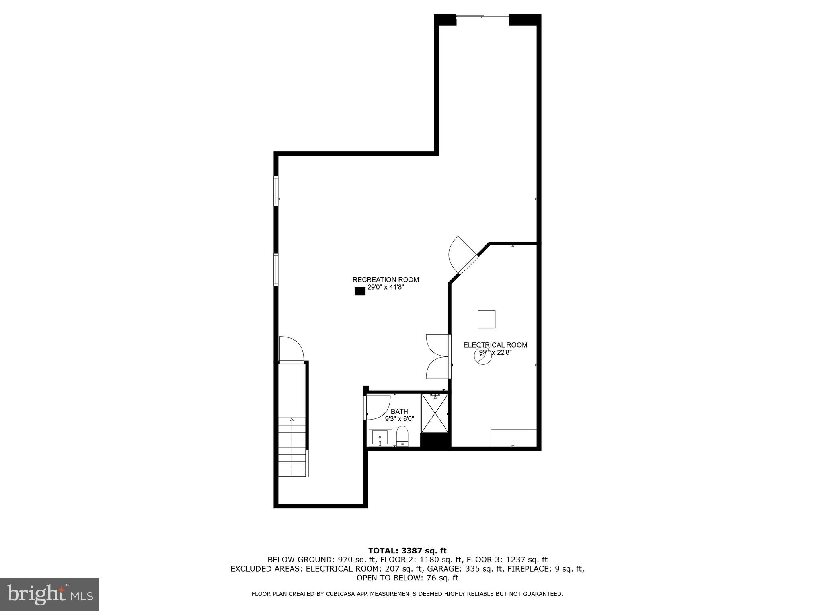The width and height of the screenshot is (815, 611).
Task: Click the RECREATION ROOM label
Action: click(x=386, y=280)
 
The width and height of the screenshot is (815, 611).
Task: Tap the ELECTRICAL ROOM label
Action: click(x=495, y=345)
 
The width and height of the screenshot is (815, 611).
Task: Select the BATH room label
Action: click(x=399, y=411)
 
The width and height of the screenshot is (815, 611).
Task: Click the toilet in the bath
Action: click(x=402, y=436)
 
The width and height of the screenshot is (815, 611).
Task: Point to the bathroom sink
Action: click(x=380, y=438)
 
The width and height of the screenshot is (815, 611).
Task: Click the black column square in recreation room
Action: click(x=360, y=291)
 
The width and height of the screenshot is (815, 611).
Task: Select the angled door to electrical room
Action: click(x=464, y=256)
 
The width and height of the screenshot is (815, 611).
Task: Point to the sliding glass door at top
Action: click(x=482, y=17)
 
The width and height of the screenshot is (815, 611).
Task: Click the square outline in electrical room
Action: click(x=486, y=319)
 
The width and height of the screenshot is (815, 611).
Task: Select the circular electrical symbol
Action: click(x=482, y=356)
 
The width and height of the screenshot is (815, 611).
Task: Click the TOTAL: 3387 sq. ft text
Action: click(x=407, y=551)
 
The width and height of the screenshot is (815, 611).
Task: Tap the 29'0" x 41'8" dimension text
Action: click(x=386, y=287)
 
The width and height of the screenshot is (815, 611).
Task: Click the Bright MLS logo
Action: click(x=50, y=594)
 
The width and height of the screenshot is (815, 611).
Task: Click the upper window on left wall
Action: click(x=276, y=191)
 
